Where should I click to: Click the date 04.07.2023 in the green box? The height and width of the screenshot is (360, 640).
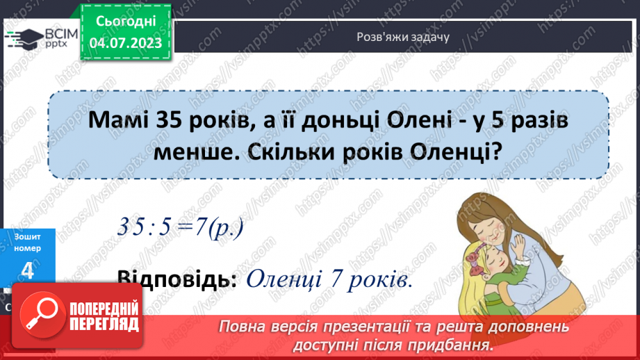click(126, 43)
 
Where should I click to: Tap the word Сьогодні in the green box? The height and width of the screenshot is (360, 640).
click(126, 22)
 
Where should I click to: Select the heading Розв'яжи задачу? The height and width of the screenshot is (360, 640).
click(403, 37)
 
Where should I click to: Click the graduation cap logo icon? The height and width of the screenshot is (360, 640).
click(24, 38)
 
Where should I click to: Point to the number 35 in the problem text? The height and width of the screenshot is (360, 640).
click(169, 120)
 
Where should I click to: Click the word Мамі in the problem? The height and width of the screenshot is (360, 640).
click(119, 120)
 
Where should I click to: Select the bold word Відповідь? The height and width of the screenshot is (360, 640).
click(177, 279)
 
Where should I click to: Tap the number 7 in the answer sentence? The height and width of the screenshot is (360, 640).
click(336, 279)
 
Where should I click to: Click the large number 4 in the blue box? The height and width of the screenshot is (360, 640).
click(27, 270)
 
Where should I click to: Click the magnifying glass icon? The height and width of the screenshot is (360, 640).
click(42, 315)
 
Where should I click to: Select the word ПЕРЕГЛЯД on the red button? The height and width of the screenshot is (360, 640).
click(104, 325)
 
